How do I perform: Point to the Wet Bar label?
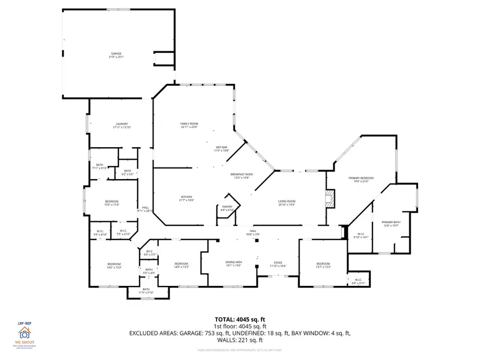(x=222, y=149)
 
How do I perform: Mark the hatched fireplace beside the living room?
(x=331, y=198)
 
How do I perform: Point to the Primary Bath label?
(x=391, y=224)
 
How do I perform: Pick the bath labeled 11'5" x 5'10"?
(x=146, y=291)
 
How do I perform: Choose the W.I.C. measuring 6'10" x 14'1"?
(x=361, y=236)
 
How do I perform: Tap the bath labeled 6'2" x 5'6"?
(x=127, y=172)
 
